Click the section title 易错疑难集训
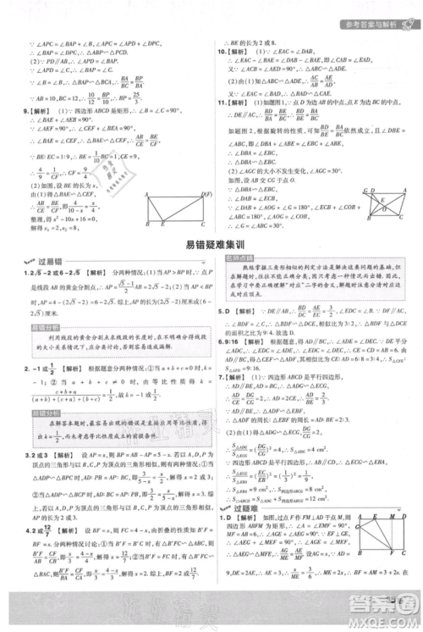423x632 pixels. (211, 247)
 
